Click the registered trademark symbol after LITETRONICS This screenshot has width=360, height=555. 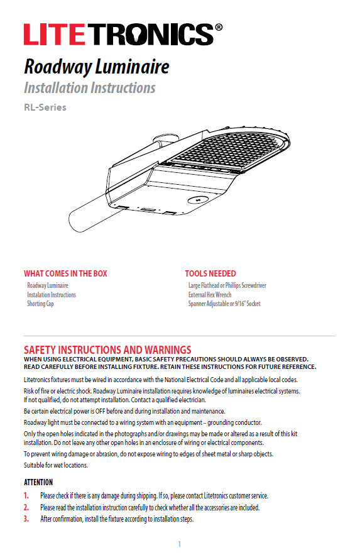pyautogui.click(x=218, y=28)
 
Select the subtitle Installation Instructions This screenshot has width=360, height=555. pyautogui.click(x=89, y=87)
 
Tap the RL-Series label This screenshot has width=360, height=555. pyautogui.click(x=45, y=107)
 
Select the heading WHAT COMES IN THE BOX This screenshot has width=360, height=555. pyautogui.click(x=65, y=273)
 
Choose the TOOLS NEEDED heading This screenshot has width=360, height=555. pyautogui.click(x=210, y=273)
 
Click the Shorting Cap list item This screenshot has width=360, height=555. pyautogui.click(x=40, y=304)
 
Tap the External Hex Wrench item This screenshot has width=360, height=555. pyautogui.click(x=210, y=295)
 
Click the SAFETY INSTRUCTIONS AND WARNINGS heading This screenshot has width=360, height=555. pyautogui.click(x=107, y=349)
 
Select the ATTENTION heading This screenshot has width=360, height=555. pyautogui.click(x=38, y=483)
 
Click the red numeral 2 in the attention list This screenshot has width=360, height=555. pyautogui.click(x=26, y=507)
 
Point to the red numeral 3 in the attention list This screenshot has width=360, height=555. pyautogui.click(x=26, y=519)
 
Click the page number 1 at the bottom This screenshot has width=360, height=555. pyautogui.click(x=179, y=544)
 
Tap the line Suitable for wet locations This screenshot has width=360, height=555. pyautogui.click(x=57, y=465)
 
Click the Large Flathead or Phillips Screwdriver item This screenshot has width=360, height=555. pyautogui.click(x=227, y=285)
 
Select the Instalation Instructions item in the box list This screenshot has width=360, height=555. pyautogui.click(x=52, y=295)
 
